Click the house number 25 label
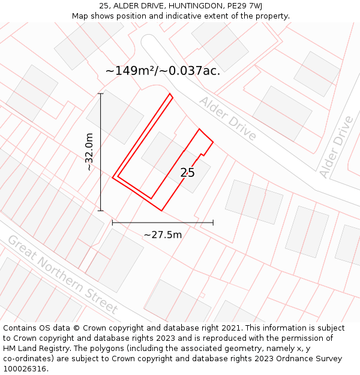[x=188, y=173]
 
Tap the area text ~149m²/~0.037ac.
[x=163, y=71]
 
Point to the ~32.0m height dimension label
[x=89, y=152]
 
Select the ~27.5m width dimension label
[x=163, y=235]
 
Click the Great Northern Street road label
[x=62, y=274]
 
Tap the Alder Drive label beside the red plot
[x=228, y=118]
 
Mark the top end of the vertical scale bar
[x=100, y=94]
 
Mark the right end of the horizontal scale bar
[x=213, y=223]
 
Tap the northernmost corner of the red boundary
[x=170, y=94]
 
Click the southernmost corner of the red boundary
[x=161, y=211]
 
